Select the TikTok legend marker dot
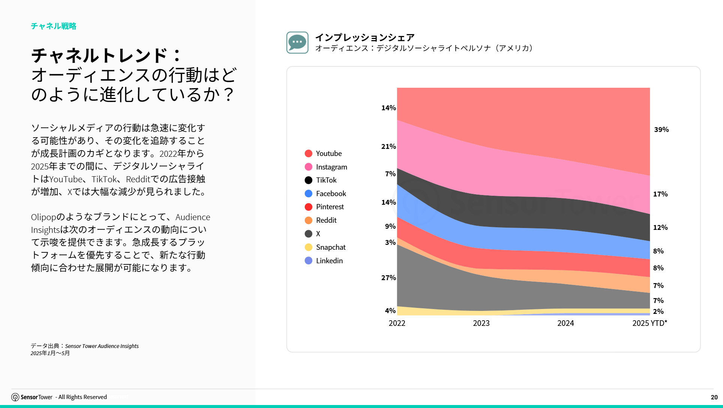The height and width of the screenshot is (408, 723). (308, 180)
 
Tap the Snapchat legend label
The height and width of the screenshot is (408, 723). (331, 247)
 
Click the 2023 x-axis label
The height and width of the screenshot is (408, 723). (481, 323)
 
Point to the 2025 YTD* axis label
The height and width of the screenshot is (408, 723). (650, 323)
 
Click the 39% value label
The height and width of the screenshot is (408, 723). (661, 130)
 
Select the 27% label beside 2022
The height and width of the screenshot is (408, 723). (388, 278)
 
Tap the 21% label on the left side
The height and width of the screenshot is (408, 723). (388, 147)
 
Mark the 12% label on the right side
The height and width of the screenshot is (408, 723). (660, 228)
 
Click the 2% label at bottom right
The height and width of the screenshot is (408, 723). (658, 312)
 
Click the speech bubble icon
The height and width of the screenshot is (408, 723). (297, 42)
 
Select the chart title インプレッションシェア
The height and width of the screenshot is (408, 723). (365, 37)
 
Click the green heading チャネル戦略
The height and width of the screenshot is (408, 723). (54, 26)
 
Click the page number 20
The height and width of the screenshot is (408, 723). (714, 397)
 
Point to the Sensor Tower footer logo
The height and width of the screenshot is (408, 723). (32, 397)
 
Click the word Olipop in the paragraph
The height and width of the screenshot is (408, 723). (43, 217)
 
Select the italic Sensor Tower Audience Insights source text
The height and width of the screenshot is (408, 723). (102, 346)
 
